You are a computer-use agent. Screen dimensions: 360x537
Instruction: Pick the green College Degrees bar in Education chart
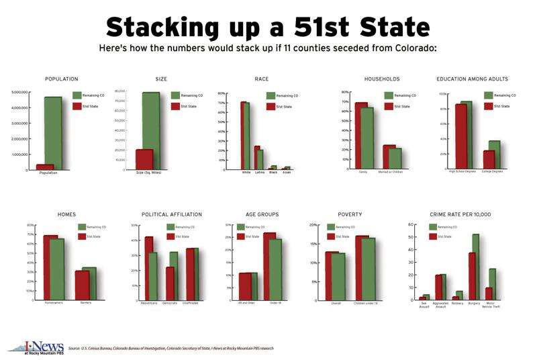point(495,154)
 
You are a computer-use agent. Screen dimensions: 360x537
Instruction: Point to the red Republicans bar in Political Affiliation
point(148,269)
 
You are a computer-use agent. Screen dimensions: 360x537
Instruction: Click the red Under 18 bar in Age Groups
point(269,266)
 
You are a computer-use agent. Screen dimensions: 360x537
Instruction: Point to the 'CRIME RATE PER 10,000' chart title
point(460,214)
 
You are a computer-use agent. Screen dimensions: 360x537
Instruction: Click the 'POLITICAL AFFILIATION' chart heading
point(171,214)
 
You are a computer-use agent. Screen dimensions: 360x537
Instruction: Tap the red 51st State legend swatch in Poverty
point(330,236)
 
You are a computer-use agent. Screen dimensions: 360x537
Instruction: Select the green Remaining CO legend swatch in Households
point(389,96)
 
